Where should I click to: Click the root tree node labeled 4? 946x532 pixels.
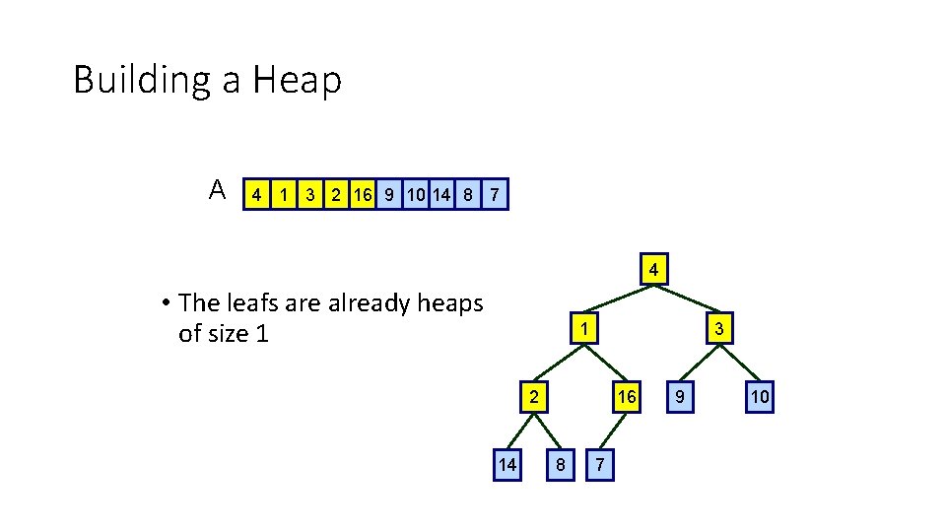point(653,269)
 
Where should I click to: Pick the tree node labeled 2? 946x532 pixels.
point(533,398)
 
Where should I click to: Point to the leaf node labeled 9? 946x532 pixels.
point(678,398)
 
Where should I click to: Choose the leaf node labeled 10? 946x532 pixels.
point(760,398)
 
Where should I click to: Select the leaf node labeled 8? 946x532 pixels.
point(560,465)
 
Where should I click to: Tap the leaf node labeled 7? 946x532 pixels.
point(600,465)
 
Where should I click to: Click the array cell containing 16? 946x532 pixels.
point(364,194)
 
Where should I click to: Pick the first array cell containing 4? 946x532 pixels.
point(257,194)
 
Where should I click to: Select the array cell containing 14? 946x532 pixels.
point(440,194)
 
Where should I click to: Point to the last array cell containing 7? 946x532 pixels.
point(495,194)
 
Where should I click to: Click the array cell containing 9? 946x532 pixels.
point(390,194)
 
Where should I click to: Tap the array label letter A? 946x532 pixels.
point(219,189)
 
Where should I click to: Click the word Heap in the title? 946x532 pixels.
point(297,80)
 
